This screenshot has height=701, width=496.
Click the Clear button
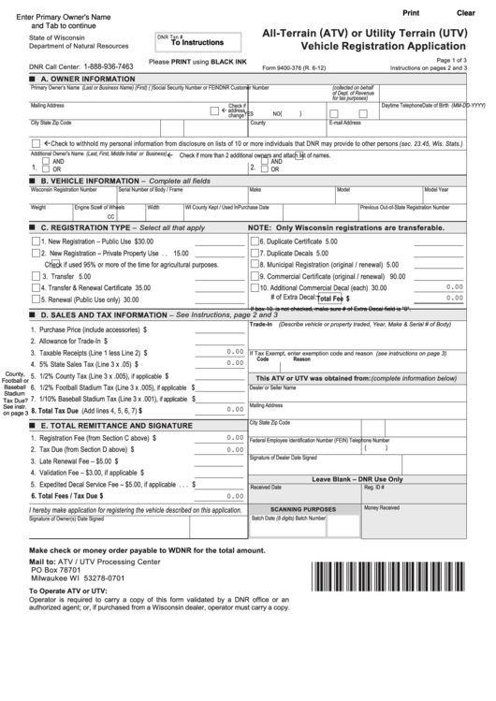pos(465,12)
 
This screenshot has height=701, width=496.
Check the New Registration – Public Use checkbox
pos(36,241)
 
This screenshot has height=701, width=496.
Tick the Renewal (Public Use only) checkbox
pos(36,299)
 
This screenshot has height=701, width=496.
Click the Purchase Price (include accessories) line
pos(92,330)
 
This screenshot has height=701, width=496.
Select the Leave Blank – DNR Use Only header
pos(370,478)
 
